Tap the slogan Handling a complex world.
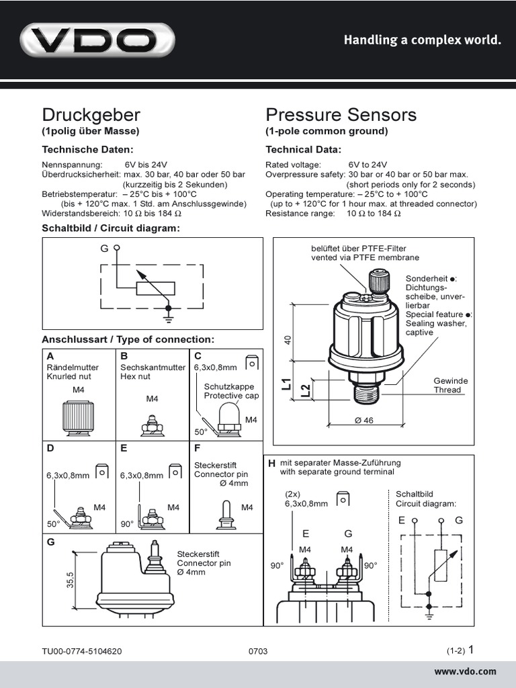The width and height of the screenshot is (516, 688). tap(423, 40)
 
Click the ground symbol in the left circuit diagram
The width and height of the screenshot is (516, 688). tap(168, 310)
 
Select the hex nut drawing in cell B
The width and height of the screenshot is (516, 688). tap(153, 423)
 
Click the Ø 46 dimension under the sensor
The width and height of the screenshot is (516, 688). tap(363, 421)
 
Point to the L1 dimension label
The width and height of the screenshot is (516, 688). tap(286, 385)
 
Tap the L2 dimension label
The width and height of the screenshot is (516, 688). tap(305, 390)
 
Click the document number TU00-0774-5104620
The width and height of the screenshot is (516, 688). tap(82, 651)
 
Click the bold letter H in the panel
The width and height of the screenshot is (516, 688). tap(271, 464)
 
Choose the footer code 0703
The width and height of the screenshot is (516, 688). tap(258, 651)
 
